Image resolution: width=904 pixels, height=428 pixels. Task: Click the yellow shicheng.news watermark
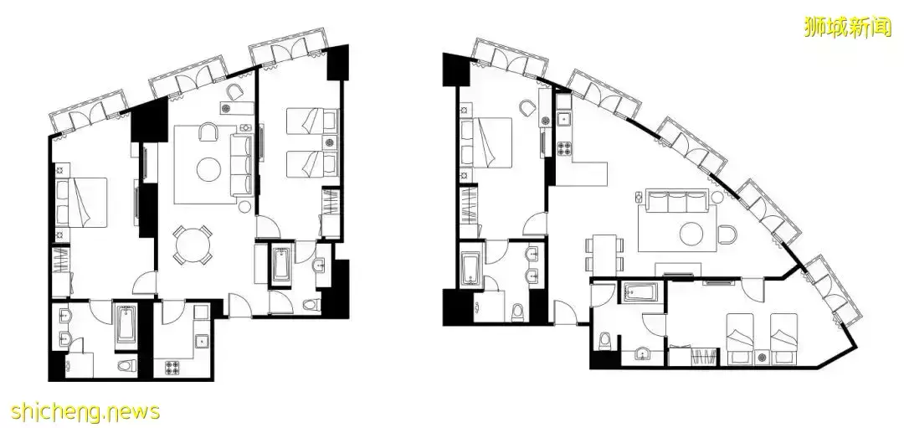(85, 412)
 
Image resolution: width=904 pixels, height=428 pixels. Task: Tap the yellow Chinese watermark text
(847, 27)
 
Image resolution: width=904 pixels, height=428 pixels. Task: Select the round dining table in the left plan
(193, 245)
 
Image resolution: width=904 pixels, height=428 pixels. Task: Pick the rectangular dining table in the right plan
(604, 253)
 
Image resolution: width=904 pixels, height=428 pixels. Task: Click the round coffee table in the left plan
(208, 169)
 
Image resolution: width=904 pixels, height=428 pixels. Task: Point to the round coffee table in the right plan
(691, 234)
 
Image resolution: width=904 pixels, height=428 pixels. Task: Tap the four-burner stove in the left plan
(172, 366)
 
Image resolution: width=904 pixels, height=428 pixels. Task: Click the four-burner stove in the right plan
(563, 148)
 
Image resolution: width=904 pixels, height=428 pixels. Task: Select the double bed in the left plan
(82, 202)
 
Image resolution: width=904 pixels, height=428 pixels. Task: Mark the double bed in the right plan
(486, 142)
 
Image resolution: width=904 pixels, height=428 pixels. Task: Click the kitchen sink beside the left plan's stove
(201, 342)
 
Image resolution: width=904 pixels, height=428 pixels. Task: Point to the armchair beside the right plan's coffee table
(727, 234)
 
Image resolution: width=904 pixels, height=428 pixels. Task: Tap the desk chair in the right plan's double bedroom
(526, 108)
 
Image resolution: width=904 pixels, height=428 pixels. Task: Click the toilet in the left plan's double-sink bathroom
(126, 365)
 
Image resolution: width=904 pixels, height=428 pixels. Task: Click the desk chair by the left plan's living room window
(234, 92)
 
